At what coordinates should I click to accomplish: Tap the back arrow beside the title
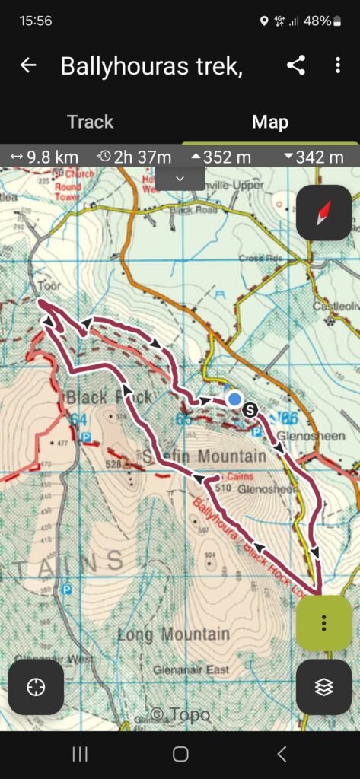(28, 65)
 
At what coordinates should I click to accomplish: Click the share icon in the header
(296, 65)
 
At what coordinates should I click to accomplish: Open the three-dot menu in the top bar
(338, 65)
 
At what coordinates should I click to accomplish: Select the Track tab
(90, 122)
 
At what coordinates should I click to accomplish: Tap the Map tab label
(269, 122)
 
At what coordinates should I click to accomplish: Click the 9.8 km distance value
(46, 157)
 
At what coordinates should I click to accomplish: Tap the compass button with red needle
(324, 212)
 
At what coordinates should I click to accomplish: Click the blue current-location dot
(234, 399)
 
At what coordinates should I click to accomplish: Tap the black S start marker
(251, 410)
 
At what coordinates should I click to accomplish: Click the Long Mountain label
(174, 634)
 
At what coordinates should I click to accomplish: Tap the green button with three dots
(324, 623)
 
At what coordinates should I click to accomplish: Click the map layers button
(324, 687)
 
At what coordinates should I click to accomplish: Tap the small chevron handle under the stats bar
(180, 178)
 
